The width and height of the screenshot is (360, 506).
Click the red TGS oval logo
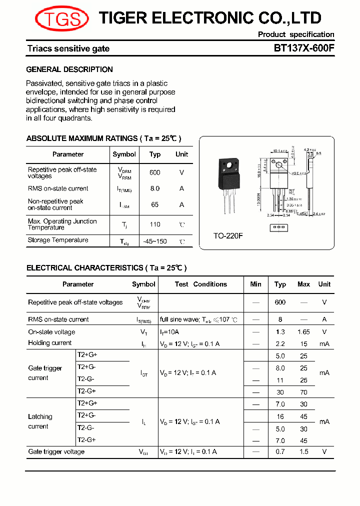61,19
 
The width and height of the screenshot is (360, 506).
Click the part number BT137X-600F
304,48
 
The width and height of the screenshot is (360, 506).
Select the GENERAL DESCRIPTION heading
69,69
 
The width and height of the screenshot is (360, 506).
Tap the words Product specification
296,34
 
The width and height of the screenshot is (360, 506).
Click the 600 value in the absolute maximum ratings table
155,172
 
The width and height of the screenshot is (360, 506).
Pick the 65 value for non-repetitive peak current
155,204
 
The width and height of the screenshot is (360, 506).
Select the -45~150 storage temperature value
155,241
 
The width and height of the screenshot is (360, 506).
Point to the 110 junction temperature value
155,224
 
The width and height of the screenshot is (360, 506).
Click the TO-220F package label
228,235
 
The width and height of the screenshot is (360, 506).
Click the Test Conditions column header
201,284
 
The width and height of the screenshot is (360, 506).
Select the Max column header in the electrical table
303,284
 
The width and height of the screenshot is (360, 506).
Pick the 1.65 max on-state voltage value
303,332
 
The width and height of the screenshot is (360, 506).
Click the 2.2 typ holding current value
280,343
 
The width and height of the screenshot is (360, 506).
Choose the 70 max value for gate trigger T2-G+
303,392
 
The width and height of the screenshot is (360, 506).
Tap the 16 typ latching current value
280,416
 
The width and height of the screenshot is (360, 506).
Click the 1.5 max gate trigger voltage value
303,452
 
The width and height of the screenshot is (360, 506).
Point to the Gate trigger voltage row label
56,452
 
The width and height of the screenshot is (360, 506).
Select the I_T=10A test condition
169,332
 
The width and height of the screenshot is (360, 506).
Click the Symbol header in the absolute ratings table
124,154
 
